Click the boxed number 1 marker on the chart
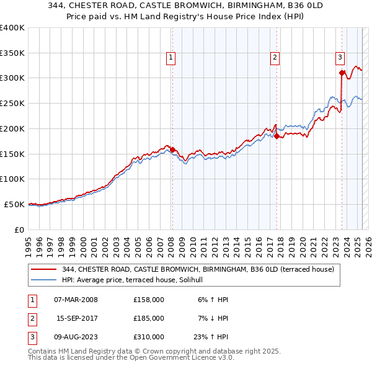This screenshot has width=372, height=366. point(170,58)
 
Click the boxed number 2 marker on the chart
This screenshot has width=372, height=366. point(275,58)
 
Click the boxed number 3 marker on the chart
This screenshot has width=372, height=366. point(340,58)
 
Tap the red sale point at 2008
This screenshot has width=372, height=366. point(172,150)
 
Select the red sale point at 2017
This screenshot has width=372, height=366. point(277,136)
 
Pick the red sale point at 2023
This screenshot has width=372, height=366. point(342,73)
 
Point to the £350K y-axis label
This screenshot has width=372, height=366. point(12,53)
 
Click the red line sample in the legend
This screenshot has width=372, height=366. point(43,269)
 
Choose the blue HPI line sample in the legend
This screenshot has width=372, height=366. point(43,280)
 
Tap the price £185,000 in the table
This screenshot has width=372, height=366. point(149,318)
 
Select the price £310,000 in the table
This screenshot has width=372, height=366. point(149,337)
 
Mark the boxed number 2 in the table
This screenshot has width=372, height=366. point(32,318)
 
